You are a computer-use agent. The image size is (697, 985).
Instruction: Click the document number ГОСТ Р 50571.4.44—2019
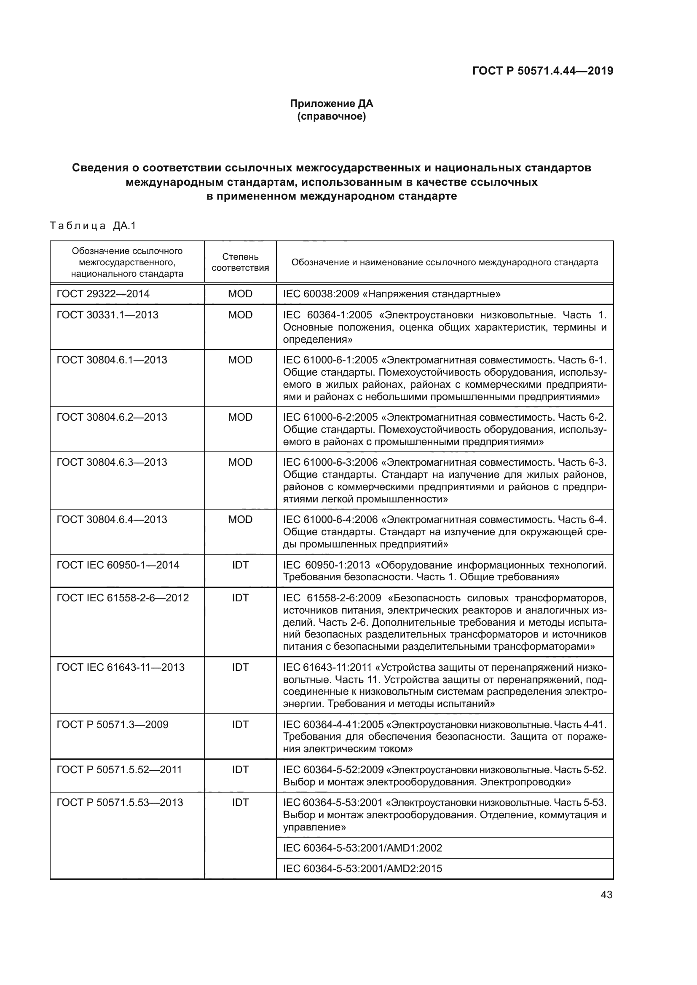[x=542, y=71]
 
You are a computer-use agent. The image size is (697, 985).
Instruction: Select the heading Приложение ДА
[x=331, y=104]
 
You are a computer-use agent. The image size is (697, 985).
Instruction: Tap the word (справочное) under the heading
[x=331, y=116]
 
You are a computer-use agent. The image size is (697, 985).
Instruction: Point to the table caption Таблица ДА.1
[x=93, y=226]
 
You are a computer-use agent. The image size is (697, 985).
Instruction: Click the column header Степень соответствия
[x=240, y=262]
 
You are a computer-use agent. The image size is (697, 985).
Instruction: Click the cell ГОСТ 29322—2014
[x=103, y=294]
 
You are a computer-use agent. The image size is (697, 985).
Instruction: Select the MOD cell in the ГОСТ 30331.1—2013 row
[x=240, y=315]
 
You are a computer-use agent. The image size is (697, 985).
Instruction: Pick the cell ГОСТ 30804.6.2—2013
[x=112, y=417]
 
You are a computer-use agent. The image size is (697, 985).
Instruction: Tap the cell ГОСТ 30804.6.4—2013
[x=112, y=520]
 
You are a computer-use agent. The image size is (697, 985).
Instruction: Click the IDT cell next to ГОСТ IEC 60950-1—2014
[x=240, y=565]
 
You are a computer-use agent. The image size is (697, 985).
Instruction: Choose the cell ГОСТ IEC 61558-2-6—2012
[x=123, y=598]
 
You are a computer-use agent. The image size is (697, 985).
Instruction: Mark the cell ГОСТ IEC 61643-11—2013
[x=121, y=667]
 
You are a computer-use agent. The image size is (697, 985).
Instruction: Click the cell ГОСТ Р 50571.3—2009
[x=113, y=725]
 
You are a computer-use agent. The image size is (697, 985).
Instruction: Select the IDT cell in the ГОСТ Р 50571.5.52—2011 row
[x=240, y=770]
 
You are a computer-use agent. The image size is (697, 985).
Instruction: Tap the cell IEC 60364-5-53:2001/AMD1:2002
[x=362, y=848]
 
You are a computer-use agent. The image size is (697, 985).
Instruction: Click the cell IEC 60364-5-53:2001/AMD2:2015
[x=362, y=868]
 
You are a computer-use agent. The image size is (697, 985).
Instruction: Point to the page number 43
[x=606, y=894]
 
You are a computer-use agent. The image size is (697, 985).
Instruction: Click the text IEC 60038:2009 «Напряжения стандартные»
[x=391, y=294]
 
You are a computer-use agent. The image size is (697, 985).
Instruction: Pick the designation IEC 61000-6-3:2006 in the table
[x=330, y=462]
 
